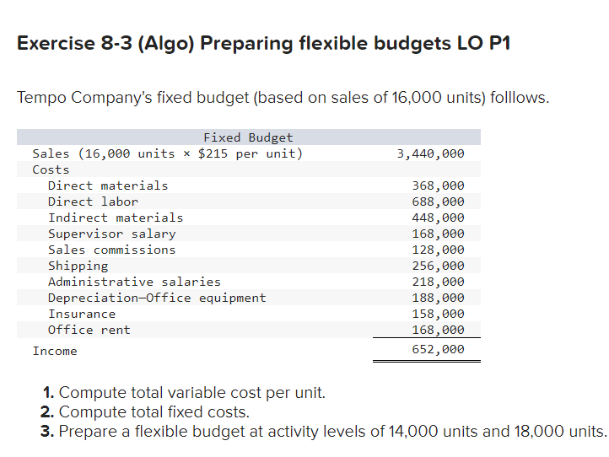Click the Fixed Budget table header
248,137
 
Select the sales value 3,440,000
430,153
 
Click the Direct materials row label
108,185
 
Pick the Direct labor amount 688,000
438,202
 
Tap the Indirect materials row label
116,218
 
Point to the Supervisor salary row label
111,234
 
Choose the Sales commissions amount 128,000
438,250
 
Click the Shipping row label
78,266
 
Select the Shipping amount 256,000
438,266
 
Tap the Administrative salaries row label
134,282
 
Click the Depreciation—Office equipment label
157,298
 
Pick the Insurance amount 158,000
438,314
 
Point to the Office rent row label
89,330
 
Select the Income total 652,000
438,349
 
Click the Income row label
55,351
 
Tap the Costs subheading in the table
51,169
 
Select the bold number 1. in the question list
49,393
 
